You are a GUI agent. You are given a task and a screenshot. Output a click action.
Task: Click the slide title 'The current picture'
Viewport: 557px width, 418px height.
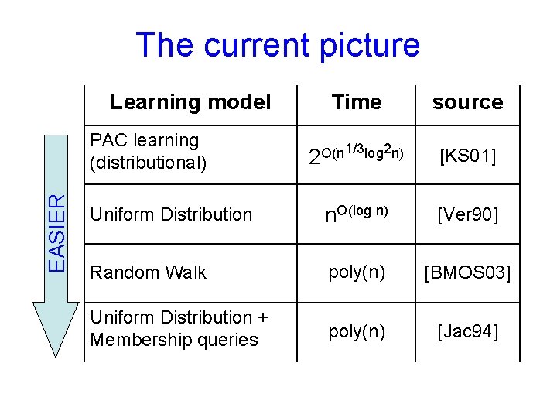coord(277,45)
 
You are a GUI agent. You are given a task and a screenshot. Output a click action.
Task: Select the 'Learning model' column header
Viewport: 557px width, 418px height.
coord(190,102)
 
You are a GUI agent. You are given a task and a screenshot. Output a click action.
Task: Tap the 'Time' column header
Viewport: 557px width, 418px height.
coord(356,102)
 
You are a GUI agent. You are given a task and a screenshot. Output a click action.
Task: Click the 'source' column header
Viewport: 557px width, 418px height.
coord(467,102)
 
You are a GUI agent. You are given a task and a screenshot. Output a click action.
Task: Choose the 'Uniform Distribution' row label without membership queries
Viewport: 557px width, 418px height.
coord(171,214)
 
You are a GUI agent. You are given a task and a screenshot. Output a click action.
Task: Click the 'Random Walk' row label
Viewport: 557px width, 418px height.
coord(149,272)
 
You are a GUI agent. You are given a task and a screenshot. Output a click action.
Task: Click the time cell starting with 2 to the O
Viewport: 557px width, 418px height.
coord(356,155)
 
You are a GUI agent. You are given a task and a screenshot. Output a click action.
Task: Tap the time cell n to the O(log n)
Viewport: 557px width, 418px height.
coord(356,214)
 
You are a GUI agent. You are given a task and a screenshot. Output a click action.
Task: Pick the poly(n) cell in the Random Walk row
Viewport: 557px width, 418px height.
coord(356,272)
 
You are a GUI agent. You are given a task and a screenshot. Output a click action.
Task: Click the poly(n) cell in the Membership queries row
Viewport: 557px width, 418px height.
coord(356,332)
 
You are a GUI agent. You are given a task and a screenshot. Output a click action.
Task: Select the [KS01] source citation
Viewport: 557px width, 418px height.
coord(467,157)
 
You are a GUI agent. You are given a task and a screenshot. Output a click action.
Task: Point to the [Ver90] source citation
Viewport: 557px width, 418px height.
coord(467,214)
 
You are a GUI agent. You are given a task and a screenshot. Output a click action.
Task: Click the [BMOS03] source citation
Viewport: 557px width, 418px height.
coord(467,272)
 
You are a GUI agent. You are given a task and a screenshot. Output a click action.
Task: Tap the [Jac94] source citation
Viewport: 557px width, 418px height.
coord(467,332)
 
